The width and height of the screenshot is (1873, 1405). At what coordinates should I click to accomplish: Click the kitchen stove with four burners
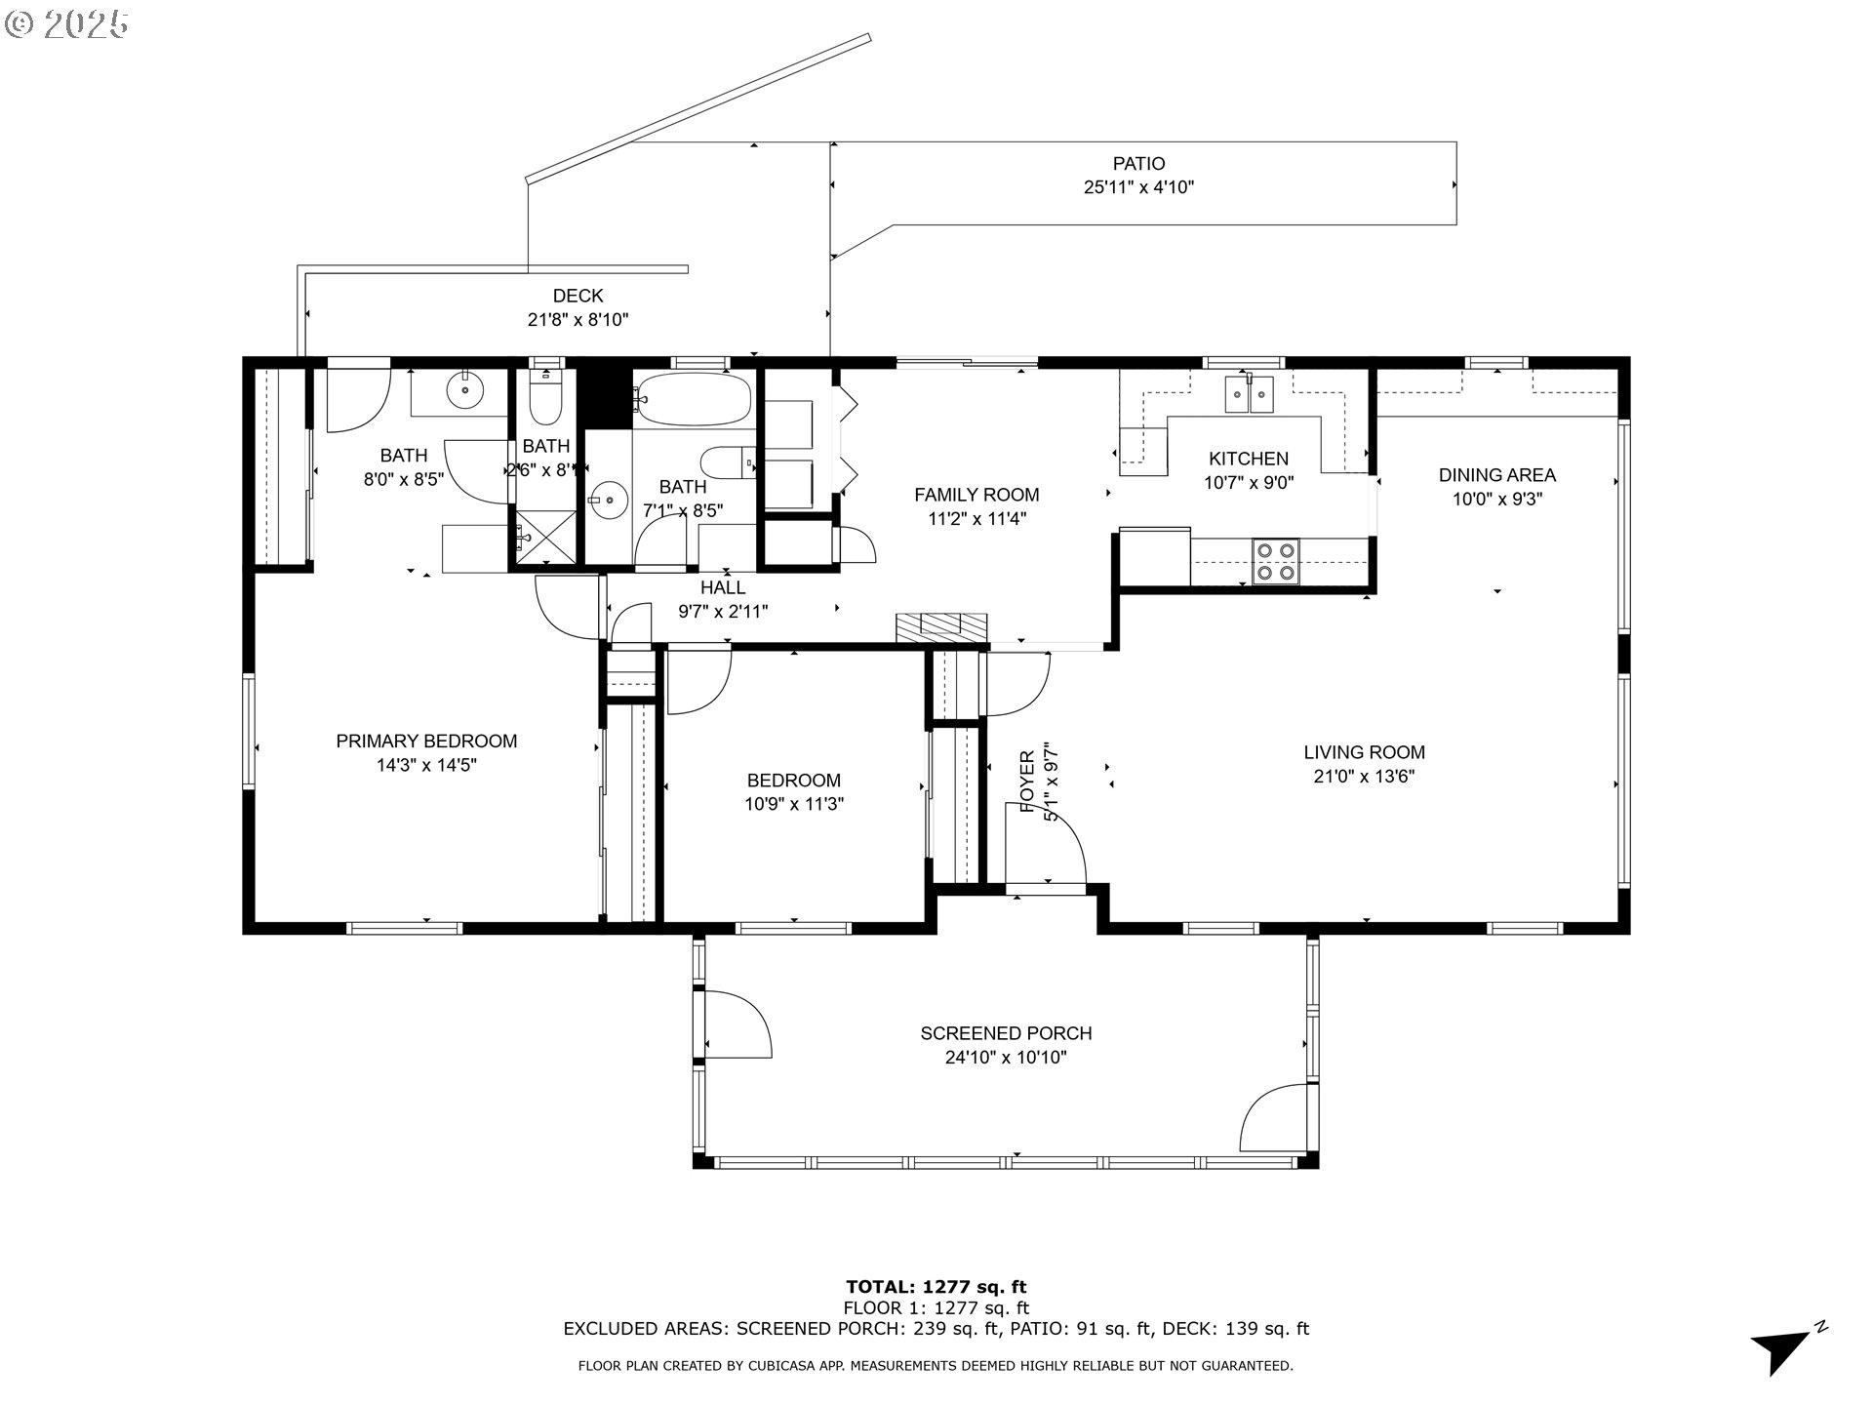click(1276, 562)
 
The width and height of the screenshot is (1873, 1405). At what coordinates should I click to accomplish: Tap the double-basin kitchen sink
click(1250, 394)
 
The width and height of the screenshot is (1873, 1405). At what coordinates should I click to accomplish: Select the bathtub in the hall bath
click(694, 398)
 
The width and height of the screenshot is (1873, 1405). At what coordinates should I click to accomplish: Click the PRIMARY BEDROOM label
click(426, 742)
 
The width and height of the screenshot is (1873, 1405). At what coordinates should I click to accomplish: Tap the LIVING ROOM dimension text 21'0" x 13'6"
click(1364, 777)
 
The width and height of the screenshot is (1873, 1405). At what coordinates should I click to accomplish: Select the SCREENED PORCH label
click(1006, 1033)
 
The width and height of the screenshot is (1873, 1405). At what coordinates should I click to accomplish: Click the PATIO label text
click(1138, 164)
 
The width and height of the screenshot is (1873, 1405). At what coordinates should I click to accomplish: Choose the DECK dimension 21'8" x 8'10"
click(578, 319)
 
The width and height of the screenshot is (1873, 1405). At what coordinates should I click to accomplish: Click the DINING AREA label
click(1496, 475)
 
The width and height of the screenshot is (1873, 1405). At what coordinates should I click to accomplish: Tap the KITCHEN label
click(1249, 459)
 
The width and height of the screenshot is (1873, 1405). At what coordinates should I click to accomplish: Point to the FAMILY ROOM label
click(976, 495)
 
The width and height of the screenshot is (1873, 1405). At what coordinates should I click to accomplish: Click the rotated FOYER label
click(1027, 782)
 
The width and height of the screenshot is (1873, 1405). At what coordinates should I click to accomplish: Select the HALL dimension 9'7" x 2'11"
click(723, 612)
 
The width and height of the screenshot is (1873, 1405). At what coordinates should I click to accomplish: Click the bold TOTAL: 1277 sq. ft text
click(936, 1287)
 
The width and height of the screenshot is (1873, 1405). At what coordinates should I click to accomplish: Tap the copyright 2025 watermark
click(66, 24)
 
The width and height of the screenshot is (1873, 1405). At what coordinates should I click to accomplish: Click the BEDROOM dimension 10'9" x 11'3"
click(794, 805)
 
